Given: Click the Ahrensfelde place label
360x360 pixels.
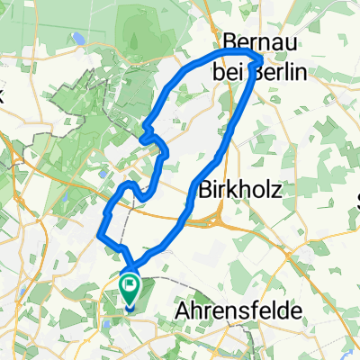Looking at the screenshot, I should coord(234,309).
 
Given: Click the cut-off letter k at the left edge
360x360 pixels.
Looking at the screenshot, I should coord(3,100).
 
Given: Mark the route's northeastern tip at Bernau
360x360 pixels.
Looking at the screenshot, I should coord(260,58).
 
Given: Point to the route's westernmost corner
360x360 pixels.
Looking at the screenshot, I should coord(98,236).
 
